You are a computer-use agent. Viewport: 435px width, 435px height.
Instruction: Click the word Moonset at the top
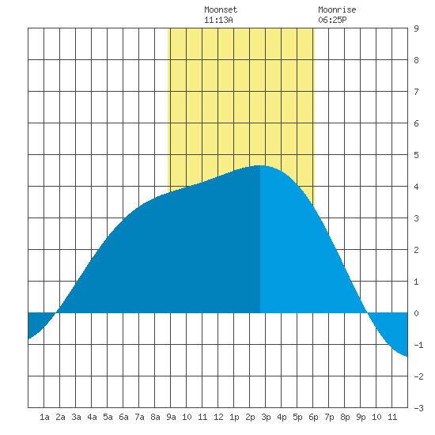point(221,10)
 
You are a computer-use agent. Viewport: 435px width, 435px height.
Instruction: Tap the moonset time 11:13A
point(218,20)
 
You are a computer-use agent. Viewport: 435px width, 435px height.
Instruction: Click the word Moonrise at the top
point(337,10)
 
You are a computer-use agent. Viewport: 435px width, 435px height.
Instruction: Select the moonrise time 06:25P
point(332,20)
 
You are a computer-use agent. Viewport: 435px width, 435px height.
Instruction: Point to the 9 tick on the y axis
point(416,28)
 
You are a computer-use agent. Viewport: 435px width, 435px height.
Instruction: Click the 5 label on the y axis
point(416,155)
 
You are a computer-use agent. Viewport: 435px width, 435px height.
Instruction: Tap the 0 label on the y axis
point(416,313)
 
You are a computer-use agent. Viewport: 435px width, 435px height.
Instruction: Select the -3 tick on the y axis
point(418,408)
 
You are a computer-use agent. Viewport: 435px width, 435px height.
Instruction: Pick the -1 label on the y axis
point(418,345)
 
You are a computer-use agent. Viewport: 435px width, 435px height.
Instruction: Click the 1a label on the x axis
point(44,417)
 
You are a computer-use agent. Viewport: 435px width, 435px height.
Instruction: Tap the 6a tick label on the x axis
point(123,417)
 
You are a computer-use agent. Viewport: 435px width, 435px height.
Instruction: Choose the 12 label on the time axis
point(218,417)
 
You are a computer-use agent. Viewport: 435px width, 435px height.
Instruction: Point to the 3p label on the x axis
point(266,417)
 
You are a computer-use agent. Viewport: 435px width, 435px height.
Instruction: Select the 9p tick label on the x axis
point(361,417)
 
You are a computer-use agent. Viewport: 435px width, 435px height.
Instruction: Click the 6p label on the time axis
point(313,417)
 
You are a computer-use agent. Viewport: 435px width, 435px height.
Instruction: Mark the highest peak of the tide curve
point(260,165)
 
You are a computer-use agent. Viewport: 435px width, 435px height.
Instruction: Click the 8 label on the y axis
point(416,60)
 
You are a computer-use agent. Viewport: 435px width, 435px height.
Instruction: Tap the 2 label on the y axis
point(416,250)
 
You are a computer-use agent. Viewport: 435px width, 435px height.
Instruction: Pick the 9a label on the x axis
point(171,417)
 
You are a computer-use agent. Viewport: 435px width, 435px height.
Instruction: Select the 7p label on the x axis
point(329,417)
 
